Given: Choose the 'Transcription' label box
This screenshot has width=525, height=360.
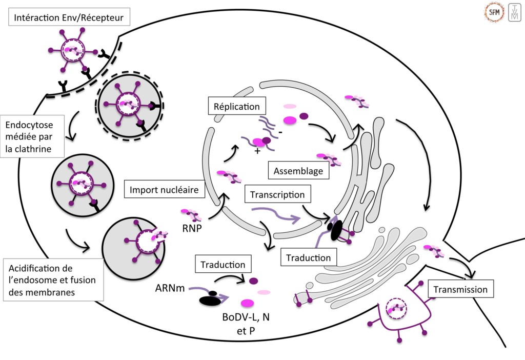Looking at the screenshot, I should [x=277, y=195].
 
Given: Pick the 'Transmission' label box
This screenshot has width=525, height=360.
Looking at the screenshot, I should [x=460, y=289].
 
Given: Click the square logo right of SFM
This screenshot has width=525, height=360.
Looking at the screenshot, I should [x=514, y=12].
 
